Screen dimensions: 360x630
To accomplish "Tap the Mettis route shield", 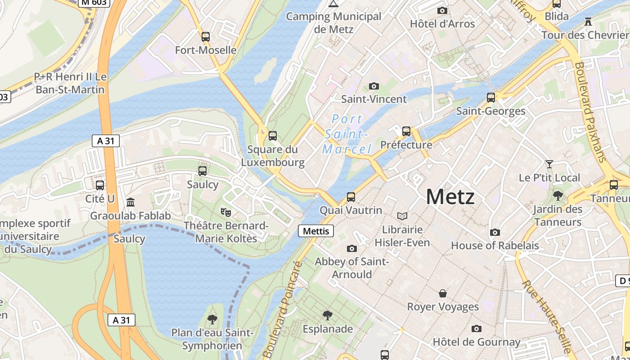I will click(x=316, y=231).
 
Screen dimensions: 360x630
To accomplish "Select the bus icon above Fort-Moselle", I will click(x=206, y=37).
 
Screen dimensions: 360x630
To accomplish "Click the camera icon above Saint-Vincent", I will click(x=373, y=86).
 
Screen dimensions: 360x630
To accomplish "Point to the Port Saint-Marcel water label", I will click(x=347, y=134).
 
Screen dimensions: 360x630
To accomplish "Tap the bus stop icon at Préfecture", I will click(x=406, y=131).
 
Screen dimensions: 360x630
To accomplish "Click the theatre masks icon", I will click(x=225, y=211).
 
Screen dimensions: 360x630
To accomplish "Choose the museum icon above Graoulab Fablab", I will click(x=130, y=202).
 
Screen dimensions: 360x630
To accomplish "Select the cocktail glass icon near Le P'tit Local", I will click(x=549, y=164).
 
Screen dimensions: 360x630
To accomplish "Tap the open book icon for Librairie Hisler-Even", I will click(x=402, y=216).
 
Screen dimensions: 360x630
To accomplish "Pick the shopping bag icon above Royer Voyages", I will click(x=443, y=293).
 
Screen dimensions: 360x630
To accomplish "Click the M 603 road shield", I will click(x=94, y=3).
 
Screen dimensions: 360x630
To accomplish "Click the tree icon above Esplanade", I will click(x=327, y=315).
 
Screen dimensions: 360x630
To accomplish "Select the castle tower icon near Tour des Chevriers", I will click(x=588, y=21).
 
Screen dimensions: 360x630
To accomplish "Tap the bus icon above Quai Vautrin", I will click(x=351, y=197).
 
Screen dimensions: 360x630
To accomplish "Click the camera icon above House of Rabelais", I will click(x=495, y=232).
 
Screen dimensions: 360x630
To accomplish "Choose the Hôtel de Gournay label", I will click(x=477, y=342).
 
